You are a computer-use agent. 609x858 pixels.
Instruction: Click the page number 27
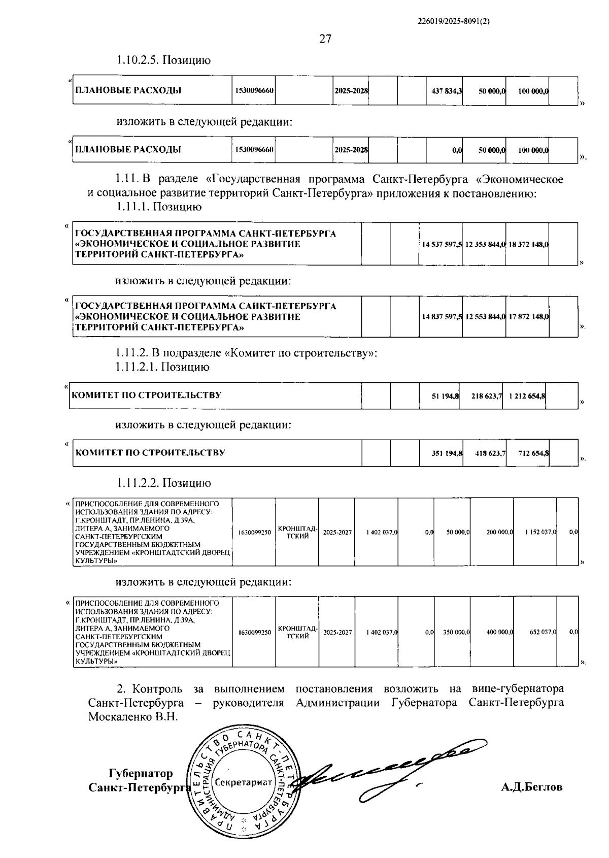[325, 39]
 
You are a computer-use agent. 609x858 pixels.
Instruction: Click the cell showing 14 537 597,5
[442, 244]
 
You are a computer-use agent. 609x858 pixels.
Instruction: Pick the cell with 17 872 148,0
[528, 317]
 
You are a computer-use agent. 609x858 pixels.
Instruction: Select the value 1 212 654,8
[525, 396]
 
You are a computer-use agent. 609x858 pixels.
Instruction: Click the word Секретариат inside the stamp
[243, 782]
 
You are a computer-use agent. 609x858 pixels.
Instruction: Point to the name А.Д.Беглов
[531, 787]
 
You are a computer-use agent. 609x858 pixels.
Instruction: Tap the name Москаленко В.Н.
[133, 717]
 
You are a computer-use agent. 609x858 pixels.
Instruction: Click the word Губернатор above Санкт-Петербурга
[141, 773]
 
